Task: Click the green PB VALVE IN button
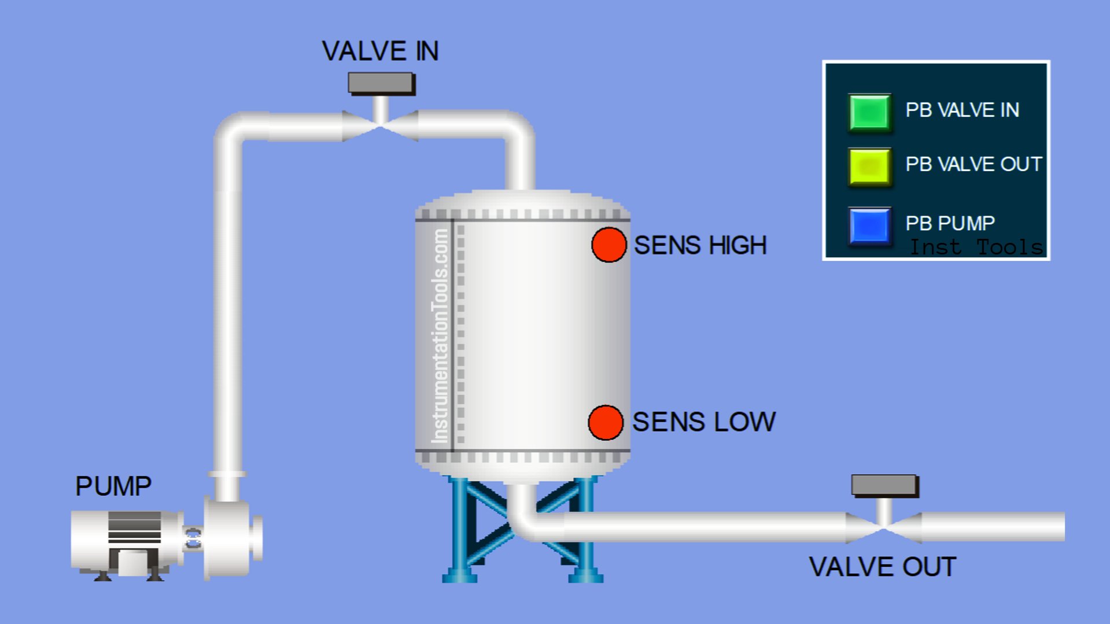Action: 869,112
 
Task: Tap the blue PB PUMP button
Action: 869,226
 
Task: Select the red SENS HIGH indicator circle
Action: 609,245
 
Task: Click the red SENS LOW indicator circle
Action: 605,422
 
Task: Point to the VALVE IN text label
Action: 380,51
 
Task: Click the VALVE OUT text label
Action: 882,567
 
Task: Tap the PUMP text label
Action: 113,486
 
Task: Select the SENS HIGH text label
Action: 700,245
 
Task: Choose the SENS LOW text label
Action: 703,422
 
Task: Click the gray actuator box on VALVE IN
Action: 381,83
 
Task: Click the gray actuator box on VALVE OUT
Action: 884,485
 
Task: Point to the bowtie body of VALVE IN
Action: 380,125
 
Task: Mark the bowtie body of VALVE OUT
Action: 883,527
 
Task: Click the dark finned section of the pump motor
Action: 134,527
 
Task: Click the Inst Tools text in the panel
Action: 976,248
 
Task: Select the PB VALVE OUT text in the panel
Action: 973,164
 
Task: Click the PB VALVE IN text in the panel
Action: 962,110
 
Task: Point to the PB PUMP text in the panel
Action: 950,223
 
